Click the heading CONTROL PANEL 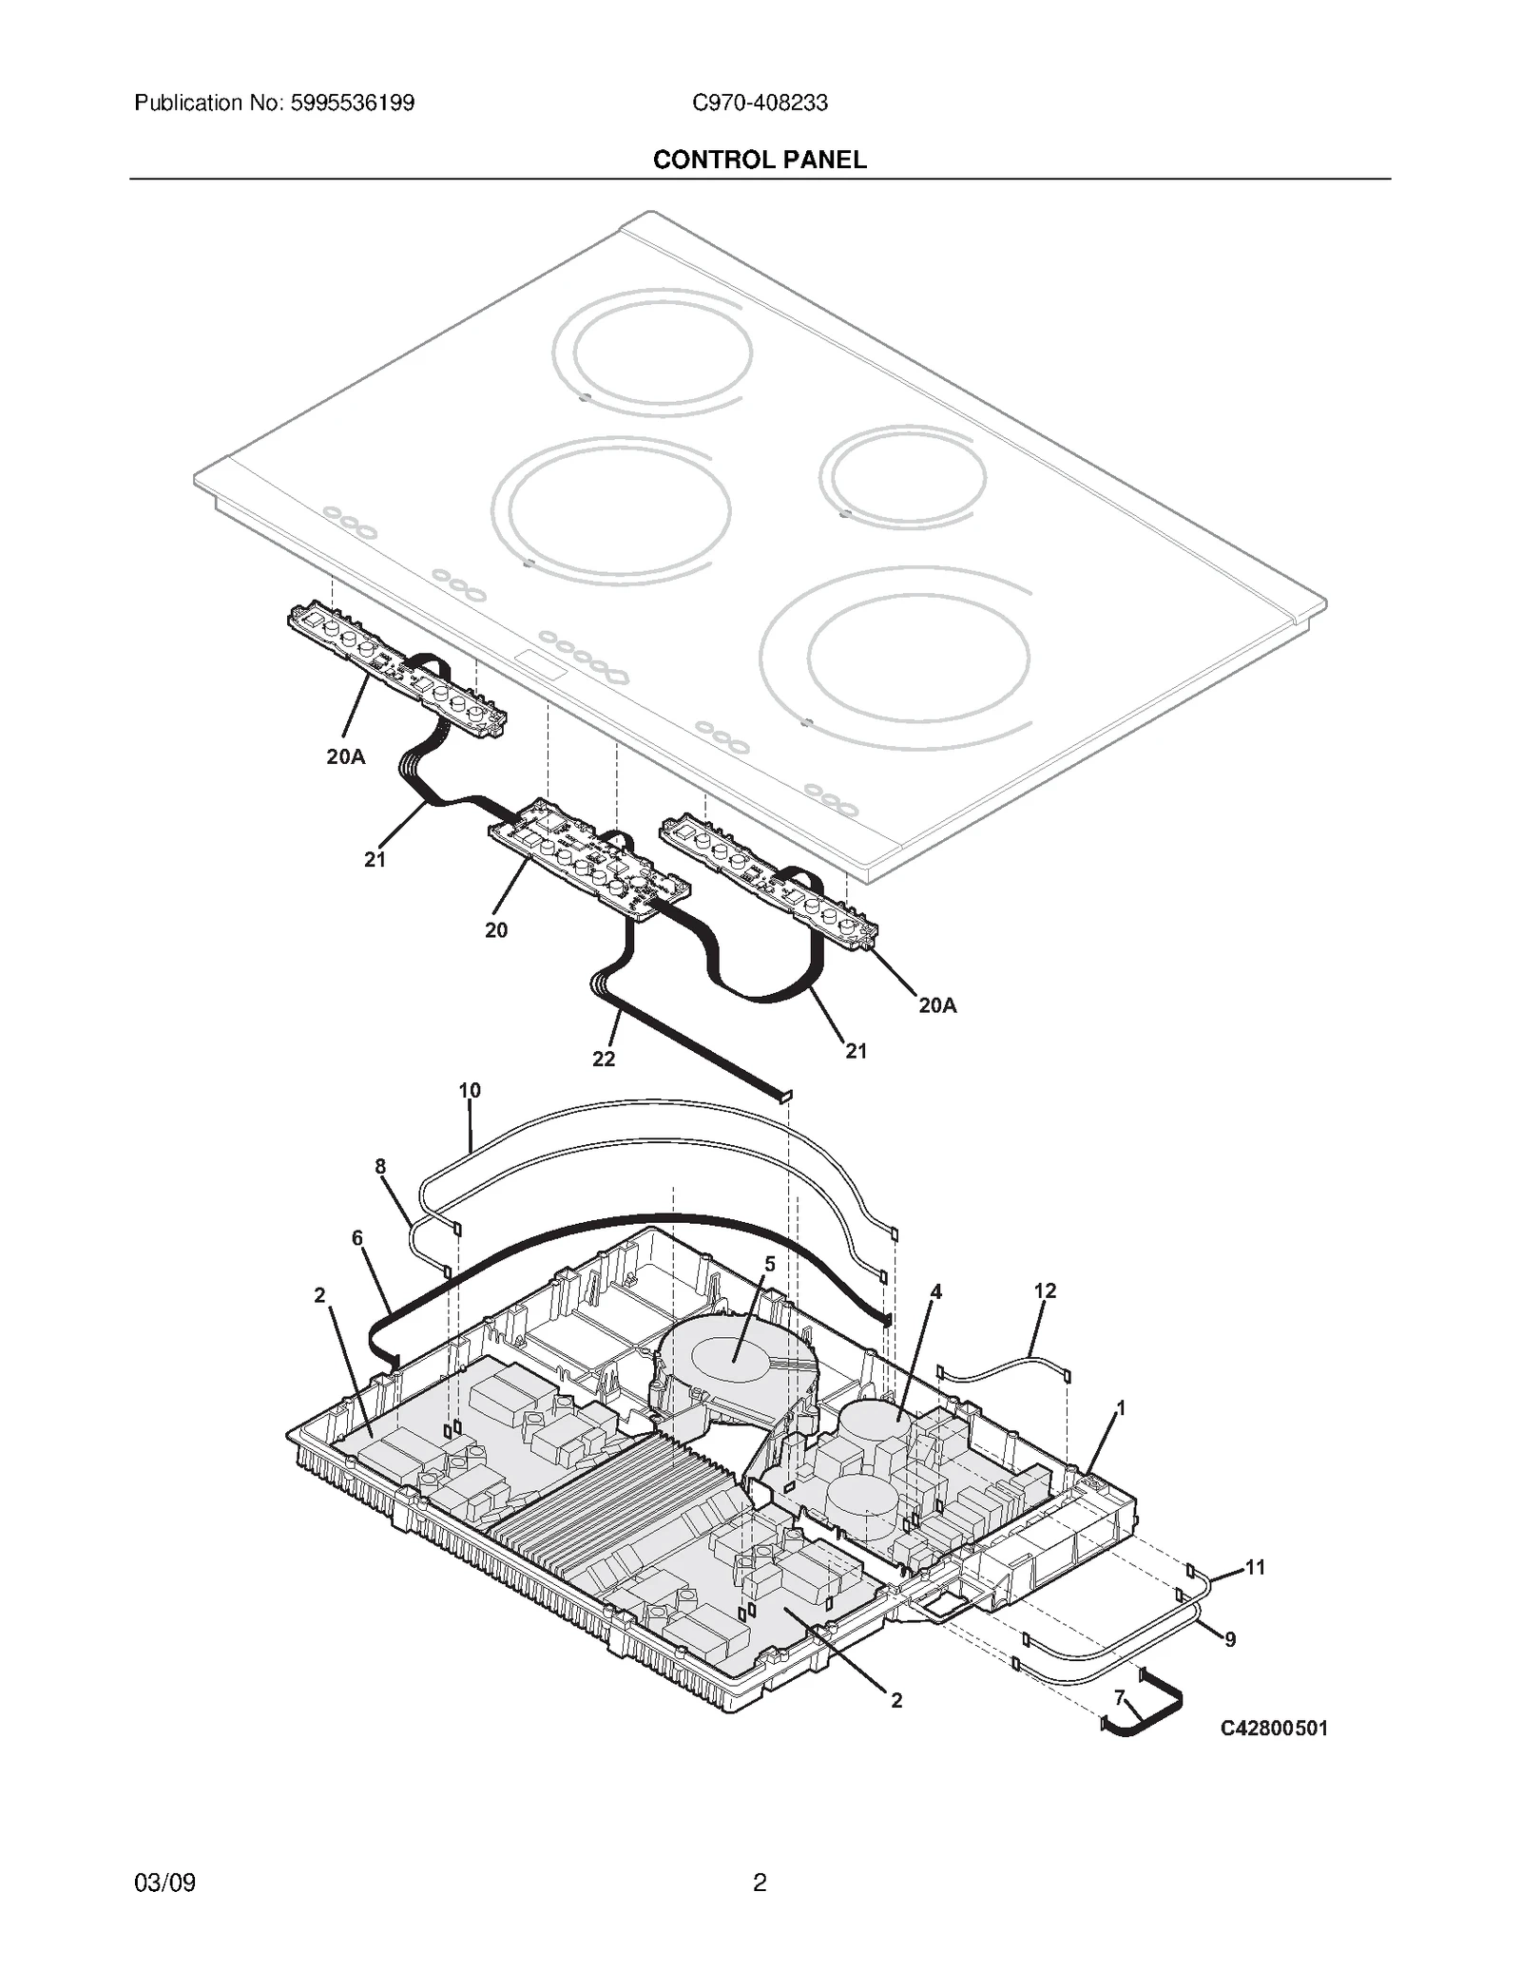[x=759, y=160]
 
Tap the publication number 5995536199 [x=350, y=103]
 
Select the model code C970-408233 [x=759, y=103]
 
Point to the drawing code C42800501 [x=1273, y=1729]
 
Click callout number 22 [x=604, y=1059]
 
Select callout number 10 [x=470, y=1090]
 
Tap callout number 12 [x=1045, y=1290]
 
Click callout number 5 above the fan [x=769, y=1264]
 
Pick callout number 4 [x=935, y=1291]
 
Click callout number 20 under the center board [x=496, y=930]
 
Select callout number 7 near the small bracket [x=1119, y=1697]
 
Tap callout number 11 [x=1255, y=1567]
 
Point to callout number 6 [x=357, y=1237]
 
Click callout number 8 [x=380, y=1166]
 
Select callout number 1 [x=1121, y=1407]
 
